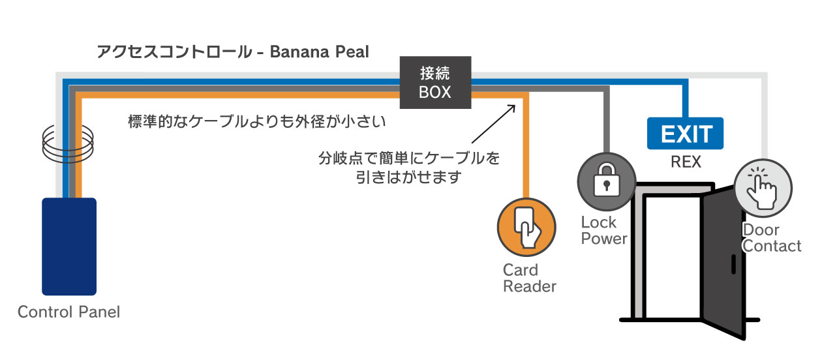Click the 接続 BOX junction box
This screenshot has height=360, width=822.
(435, 83)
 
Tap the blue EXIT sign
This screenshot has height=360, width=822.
(685, 134)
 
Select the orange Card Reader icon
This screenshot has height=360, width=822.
(526, 226)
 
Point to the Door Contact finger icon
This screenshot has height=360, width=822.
(763, 188)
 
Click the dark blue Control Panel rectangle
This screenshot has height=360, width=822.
(69, 247)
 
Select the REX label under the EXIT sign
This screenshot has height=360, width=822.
(685, 162)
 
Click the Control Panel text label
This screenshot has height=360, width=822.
(69, 312)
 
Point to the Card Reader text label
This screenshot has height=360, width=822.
(529, 278)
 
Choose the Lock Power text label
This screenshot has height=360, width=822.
(603, 230)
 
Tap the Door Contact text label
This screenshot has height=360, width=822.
(771, 238)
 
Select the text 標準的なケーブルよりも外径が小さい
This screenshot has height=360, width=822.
(258, 121)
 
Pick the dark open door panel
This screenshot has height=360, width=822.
(723, 261)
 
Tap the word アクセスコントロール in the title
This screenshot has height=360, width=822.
(170, 52)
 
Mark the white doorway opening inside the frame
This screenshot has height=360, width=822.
(672, 254)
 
